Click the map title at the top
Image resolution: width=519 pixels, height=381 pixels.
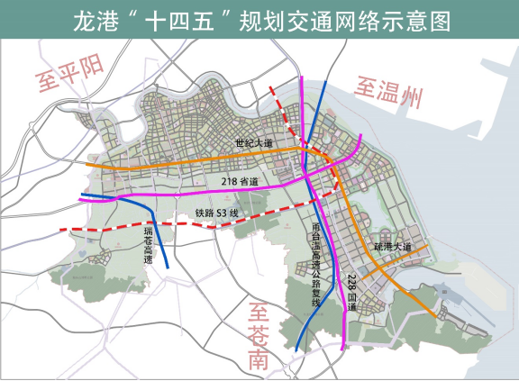click(x=259, y=21)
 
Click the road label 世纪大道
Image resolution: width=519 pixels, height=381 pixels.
click(x=254, y=143)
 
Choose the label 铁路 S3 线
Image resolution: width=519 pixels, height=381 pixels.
click(x=215, y=213)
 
